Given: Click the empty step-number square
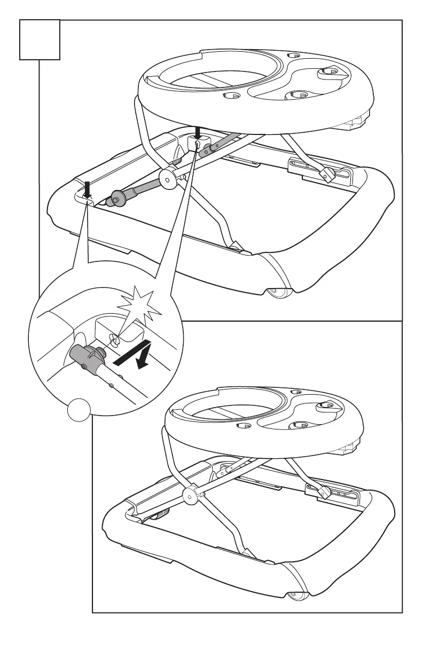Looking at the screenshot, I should [39, 39].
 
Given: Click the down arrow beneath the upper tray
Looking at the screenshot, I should [198, 131].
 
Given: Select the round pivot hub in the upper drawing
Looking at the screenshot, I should [169, 181].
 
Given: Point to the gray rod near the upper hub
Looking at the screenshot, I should [143, 187].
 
